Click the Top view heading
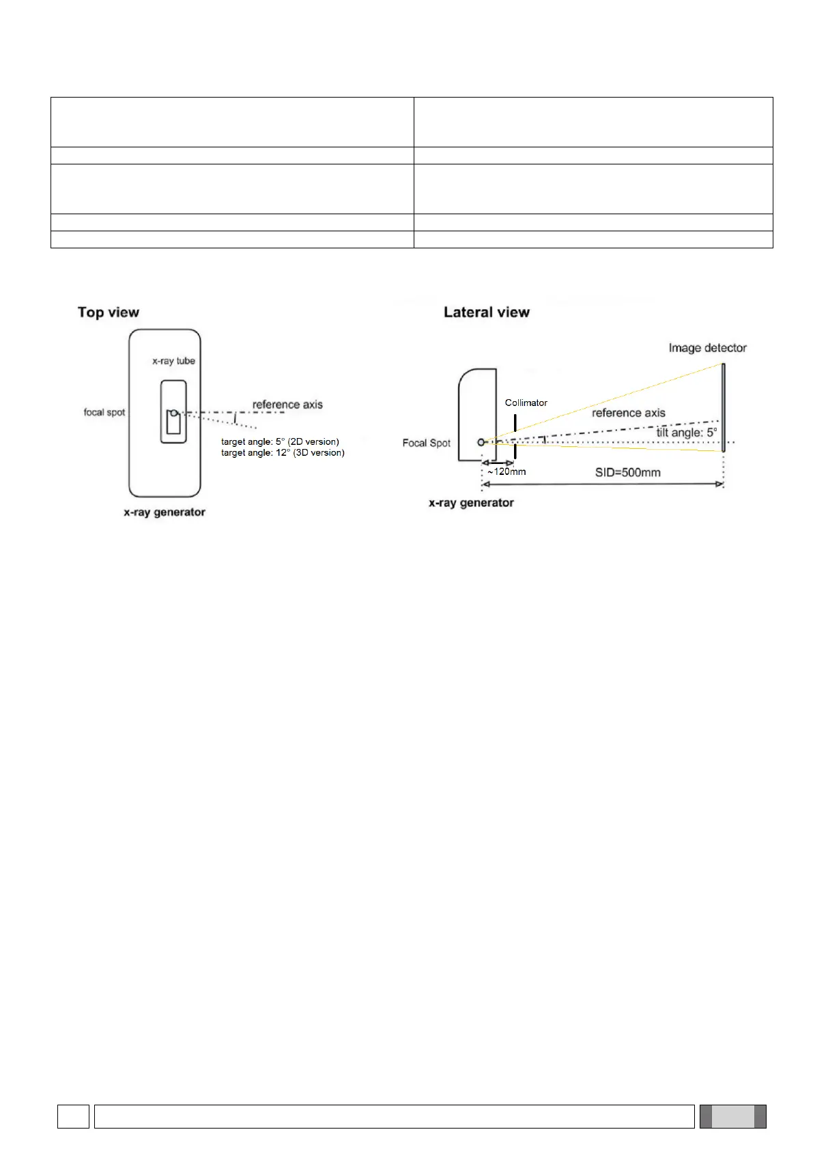pos(109,312)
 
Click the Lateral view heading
pos(486,312)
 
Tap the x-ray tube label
pos(173,361)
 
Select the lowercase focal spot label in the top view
pos(104,412)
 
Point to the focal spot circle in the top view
pos(174,412)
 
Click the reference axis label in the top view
pos(287,405)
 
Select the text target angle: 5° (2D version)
pos(280,441)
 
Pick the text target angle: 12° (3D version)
pos(283,452)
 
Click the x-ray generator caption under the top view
pos(165,512)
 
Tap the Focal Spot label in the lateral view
pos(427,443)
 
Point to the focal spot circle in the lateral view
pos(481,442)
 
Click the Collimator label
pos(526,403)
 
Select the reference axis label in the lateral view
pos(628,413)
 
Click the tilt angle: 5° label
pos(686,433)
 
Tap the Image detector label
pos(707,348)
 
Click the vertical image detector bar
pos(723,407)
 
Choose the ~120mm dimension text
pos(507,471)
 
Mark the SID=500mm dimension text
pos(627,472)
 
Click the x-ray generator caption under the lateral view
pos(471,503)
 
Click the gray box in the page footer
pos(732,1116)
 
